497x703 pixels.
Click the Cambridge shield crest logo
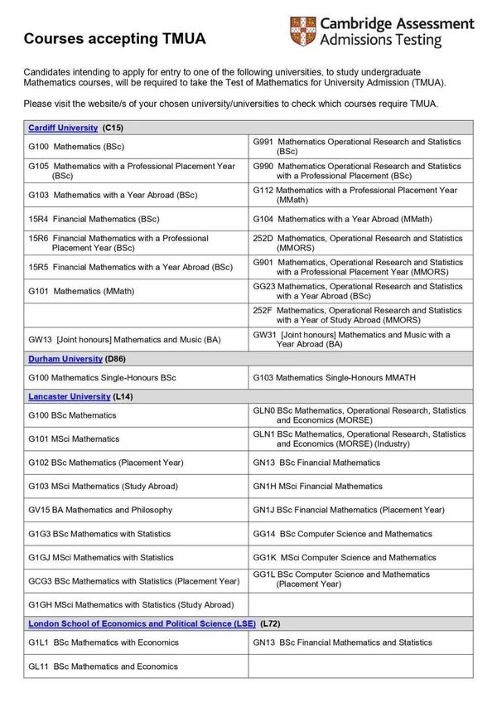pyautogui.click(x=302, y=32)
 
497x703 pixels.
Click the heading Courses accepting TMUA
pyautogui.click(x=114, y=39)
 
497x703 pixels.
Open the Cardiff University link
pyautogui.click(x=62, y=128)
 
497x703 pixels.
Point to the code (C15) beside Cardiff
pyautogui.click(x=113, y=128)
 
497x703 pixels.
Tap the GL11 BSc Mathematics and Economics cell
pyautogui.click(x=103, y=667)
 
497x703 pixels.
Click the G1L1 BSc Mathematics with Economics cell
pyautogui.click(x=103, y=642)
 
